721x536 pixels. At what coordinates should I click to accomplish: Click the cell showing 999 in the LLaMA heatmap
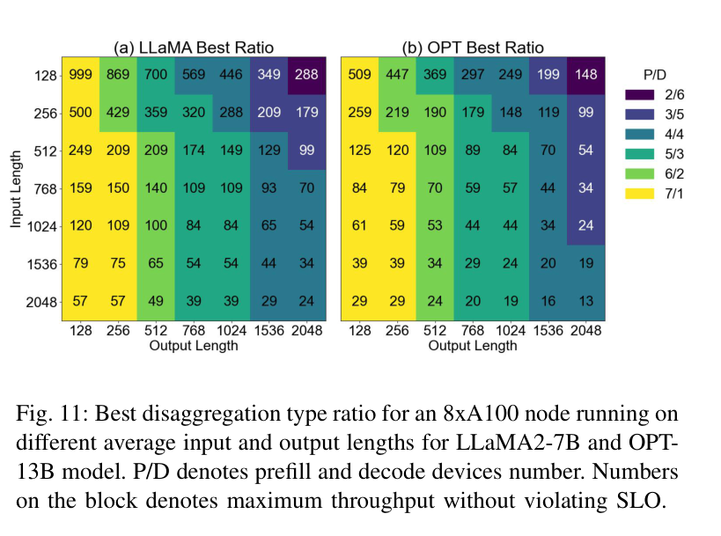80,75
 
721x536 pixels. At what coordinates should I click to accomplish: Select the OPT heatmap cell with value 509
359,75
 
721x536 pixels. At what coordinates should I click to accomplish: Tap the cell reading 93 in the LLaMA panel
269,187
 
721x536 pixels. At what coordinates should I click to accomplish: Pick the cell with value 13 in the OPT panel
585,301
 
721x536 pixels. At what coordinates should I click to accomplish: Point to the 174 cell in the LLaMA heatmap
194,150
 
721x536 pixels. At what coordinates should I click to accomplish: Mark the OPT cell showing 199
548,75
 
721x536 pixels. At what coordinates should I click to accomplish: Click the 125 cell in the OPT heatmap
359,150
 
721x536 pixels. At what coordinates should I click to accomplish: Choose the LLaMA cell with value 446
232,75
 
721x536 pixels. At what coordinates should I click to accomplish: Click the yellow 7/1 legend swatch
640,194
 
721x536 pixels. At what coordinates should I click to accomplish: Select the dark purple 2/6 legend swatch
640,95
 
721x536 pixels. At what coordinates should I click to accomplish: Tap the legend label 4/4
674,135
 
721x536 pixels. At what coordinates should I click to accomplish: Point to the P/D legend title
654,75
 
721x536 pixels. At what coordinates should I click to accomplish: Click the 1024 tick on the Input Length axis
42,226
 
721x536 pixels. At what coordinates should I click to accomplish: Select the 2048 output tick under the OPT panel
585,331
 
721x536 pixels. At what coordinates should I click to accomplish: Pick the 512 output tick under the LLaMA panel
156,331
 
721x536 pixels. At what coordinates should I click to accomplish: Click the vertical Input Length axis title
16,189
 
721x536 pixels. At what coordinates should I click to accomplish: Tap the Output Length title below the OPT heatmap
473,346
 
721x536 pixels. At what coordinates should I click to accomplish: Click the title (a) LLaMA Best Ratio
194,48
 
